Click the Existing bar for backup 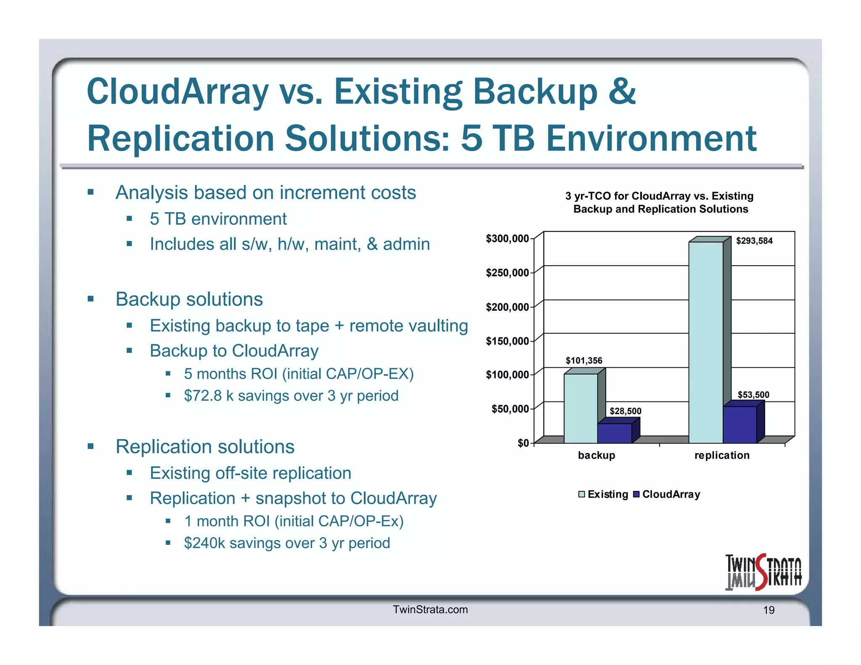click(580, 408)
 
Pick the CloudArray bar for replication click(740, 424)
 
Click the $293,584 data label click(754, 241)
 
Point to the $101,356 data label click(584, 361)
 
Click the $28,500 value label click(625, 411)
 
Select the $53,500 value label click(753, 395)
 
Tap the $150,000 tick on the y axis click(507, 341)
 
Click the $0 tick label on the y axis click(523, 443)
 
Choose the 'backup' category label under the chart click(596, 455)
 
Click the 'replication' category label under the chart click(721, 455)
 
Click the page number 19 click(769, 610)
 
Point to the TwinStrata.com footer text click(430, 610)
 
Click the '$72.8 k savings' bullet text click(291, 396)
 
